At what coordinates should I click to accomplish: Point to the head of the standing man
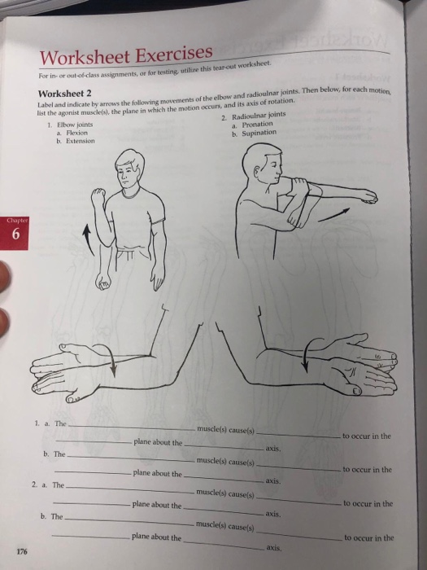(129, 166)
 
